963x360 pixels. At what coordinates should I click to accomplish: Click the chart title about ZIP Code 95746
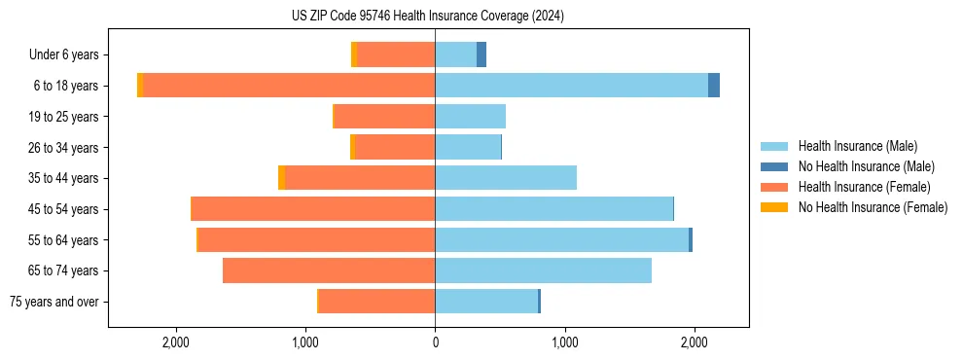click(428, 16)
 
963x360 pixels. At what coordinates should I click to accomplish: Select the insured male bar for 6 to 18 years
click(571, 86)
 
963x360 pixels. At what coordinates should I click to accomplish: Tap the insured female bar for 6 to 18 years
click(289, 86)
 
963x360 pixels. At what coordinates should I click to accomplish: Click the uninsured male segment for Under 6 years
click(481, 54)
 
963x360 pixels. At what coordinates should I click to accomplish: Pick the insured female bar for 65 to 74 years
click(329, 270)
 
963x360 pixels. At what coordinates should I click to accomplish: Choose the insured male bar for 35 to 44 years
click(506, 178)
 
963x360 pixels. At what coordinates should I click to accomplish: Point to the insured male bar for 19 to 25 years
click(470, 117)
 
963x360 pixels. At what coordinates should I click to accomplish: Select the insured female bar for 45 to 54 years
click(313, 209)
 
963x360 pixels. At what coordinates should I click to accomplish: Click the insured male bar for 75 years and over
click(486, 302)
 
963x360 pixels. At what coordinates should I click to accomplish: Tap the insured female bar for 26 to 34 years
click(395, 147)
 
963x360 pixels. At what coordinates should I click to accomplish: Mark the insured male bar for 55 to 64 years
click(561, 239)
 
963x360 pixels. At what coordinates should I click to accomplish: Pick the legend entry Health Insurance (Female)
click(864, 187)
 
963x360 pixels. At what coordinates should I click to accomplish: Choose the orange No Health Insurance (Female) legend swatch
click(774, 207)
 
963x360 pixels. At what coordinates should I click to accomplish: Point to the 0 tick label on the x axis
click(435, 342)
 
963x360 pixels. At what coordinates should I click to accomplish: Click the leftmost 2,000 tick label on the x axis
click(175, 342)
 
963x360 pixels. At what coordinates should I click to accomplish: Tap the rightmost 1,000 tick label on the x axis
click(564, 342)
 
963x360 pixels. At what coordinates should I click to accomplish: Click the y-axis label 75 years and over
click(53, 302)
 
